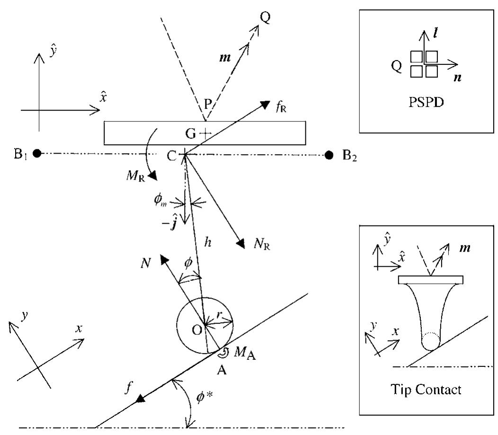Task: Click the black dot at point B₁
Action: [x=37, y=154]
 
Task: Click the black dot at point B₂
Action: [x=329, y=155]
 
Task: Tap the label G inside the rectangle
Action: [x=191, y=133]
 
